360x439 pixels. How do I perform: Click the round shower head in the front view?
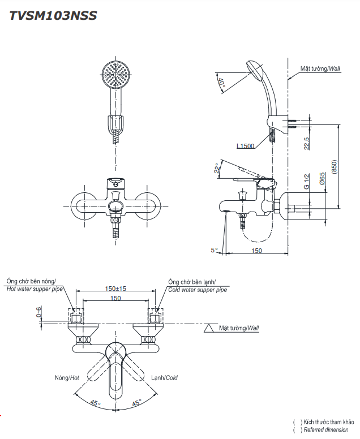pos(115,75)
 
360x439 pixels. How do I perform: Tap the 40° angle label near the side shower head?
pos(222,84)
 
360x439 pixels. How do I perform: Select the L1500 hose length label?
pos(246,145)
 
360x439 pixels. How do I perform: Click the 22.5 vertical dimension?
pos(306,143)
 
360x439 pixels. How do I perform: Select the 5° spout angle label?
pos(214,249)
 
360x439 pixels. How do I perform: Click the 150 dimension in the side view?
pos(257,251)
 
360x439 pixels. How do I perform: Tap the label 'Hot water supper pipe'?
pos(34,289)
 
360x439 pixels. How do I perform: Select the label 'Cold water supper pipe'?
pos(198,289)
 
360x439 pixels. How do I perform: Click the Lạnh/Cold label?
pos(164,377)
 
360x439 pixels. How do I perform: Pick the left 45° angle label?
pos(95,403)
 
